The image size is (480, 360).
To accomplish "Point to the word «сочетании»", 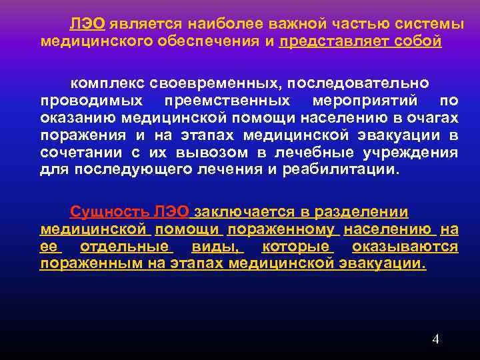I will [73, 153].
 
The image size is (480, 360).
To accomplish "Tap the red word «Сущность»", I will [109, 212].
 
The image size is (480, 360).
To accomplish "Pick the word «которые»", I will [297, 247].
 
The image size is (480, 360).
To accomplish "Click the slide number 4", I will [435, 339].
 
